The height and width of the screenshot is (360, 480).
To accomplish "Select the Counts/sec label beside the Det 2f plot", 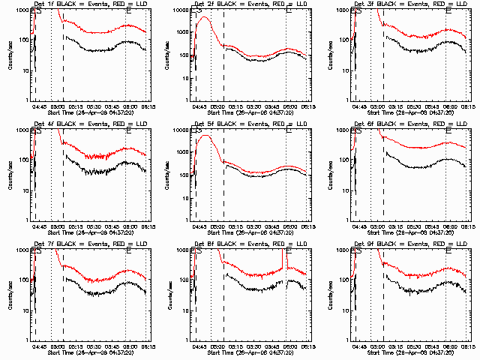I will click(171, 54).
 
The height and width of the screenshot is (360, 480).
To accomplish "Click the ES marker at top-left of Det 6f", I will click(355, 131).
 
